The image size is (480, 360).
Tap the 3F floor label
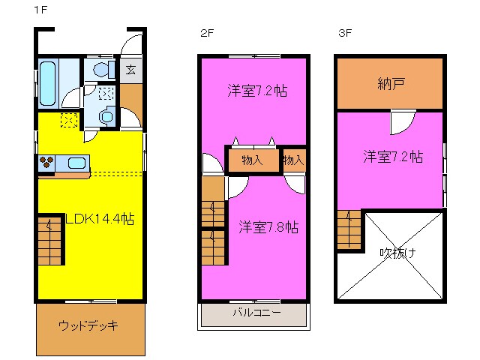click(x=344, y=32)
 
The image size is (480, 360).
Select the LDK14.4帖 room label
click(x=100, y=220)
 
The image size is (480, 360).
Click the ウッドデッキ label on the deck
click(x=89, y=326)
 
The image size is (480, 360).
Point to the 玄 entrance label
click(x=130, y=70)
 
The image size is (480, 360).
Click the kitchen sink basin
click(x=76, y=162)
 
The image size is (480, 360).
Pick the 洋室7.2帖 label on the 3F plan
click(x=392, y=157)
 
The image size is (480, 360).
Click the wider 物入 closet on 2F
click(x=252, y=159)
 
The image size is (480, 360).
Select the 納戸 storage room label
click(x=391, y=83)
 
